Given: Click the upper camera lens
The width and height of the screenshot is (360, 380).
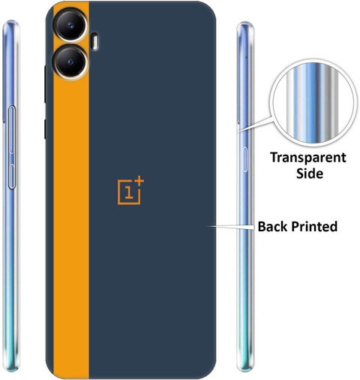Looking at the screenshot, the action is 70,25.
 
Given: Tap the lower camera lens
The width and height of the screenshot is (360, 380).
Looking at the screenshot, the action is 70,62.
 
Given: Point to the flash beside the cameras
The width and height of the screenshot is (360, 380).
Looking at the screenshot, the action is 94,41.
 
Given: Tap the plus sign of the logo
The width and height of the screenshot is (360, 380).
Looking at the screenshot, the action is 139,181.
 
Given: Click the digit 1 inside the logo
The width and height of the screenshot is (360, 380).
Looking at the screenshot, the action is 129,192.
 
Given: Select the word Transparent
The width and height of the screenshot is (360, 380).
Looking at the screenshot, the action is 308,158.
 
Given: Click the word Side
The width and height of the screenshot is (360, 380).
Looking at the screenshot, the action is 310,173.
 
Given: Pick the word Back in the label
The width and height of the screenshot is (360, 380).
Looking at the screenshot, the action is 273,226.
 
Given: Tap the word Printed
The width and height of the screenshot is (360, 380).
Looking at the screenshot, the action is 314,226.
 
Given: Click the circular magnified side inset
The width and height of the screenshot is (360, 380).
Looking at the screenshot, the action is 313,103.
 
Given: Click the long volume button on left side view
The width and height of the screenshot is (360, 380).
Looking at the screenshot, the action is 12,129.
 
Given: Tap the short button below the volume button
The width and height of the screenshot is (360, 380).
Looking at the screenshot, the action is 11,176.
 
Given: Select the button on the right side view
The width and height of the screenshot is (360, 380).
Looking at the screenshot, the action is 245,160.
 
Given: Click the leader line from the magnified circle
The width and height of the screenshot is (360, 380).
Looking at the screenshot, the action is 254,124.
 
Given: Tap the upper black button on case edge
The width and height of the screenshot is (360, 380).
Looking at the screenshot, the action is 45,84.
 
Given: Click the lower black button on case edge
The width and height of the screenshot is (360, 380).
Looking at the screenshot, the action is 45,129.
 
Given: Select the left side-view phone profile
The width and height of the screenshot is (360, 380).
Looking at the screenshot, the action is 10,196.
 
